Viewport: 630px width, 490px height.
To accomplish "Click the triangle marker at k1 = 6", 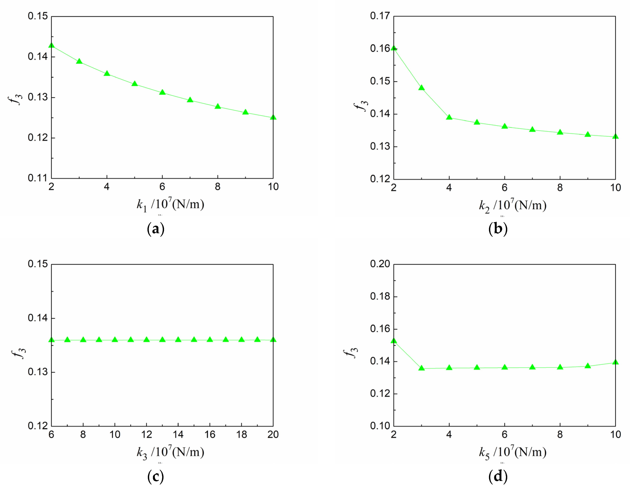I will pyautogui.click(x=162, y=92).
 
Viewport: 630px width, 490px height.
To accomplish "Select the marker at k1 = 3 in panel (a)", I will pyautogui.click(x=79, y=61).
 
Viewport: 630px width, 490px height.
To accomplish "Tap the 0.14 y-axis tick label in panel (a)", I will pyautogui.click(x=38, y=57).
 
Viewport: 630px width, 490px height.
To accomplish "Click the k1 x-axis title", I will pyautogui.click(x=170, y=205).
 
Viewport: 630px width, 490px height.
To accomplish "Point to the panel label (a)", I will pyautogui.click(x=156, y=229).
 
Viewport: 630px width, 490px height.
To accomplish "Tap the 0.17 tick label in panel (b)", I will pyautogui.click(x=380, y=16).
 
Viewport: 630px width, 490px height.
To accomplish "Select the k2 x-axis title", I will pyautogui.click(x=513, y=205).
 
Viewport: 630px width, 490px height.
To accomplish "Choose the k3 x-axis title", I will pyautogui.click(x=170, y=452).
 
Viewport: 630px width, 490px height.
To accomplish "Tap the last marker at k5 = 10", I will pyautogui.click(x=615, y=362).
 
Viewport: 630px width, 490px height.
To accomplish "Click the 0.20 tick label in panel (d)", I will pyautogui.click(x=380, y=264).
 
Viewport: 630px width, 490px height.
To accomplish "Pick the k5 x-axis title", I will pyautogui.click(x=513, y=452).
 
